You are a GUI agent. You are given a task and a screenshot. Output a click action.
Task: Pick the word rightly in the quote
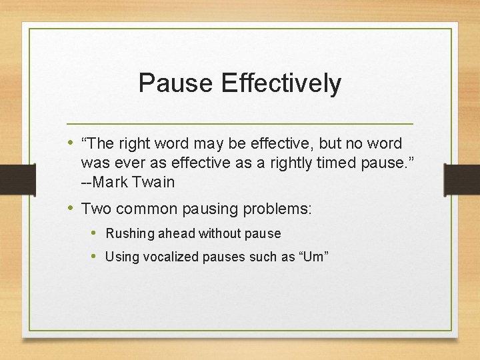click(293, 163)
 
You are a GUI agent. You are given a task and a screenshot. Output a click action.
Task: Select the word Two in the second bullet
click(95, 208)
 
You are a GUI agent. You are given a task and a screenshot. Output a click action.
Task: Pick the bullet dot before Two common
click(71, 207)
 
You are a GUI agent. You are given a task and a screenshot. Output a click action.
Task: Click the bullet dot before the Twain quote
click(71, 143)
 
